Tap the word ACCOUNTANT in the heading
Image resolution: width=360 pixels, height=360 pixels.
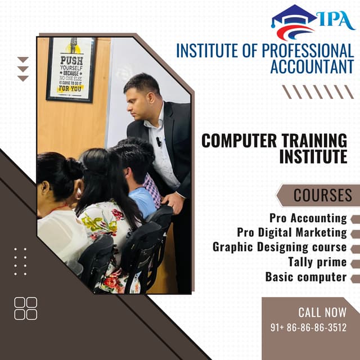coord(312,66)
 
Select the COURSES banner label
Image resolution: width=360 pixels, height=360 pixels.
coord(323,195)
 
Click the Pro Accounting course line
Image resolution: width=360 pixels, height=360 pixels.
coord(308,218)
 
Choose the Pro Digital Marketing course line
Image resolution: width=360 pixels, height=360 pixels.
coord(292,232)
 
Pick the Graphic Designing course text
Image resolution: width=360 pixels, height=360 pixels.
coord(280,247)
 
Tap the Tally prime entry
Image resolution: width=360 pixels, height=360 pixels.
coord(317,262)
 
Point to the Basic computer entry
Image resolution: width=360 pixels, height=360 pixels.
coord(306,277)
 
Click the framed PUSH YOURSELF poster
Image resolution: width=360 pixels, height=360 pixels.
coord(71,70)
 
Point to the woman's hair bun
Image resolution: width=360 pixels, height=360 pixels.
coord(74,168)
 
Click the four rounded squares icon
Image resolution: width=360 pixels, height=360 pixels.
coord(26,308)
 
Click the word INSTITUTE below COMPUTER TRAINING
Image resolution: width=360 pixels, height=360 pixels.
coord(313,157)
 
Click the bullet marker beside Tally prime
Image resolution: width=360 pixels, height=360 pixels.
coord(355,263)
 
